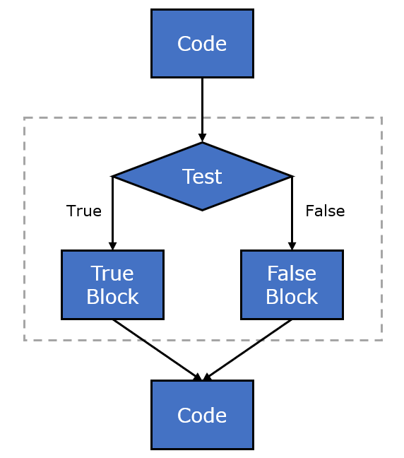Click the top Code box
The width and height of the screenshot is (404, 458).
point(202,43)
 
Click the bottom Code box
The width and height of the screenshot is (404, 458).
point(202,415)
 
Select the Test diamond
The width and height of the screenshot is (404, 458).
point(202,176)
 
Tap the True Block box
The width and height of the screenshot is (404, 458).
point(112,285)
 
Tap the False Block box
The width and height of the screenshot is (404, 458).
point(292,285)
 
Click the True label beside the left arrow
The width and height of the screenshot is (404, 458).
point(84,211)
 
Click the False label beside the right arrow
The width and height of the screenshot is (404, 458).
point(325,211)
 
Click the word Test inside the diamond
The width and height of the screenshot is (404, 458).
point(202,176)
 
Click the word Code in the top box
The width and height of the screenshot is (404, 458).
point(202,44)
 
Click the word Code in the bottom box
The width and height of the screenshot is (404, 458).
point(202,416)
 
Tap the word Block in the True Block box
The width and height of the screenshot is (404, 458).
point(112,297)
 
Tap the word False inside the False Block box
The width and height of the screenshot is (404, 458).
point(292,273)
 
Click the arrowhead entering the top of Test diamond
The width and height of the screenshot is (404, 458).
point(202,138)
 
